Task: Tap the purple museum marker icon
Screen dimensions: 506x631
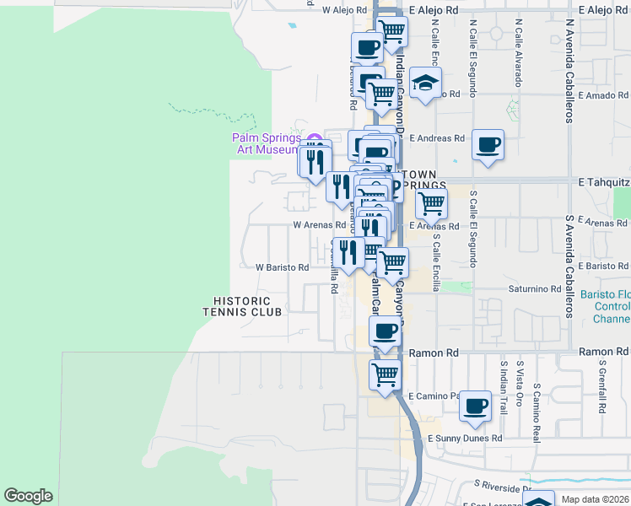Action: point(315,138)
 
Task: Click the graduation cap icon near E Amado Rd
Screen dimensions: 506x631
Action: point(426,83)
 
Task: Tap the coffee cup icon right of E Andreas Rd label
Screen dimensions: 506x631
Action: point(488,144)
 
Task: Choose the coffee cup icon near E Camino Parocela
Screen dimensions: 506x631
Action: point(475,406)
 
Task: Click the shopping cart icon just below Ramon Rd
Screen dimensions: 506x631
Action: point(386,374)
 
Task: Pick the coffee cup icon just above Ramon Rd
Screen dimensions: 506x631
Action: point(386,331)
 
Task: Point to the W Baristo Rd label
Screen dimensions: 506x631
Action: point(283,267)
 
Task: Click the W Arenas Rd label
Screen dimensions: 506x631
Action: point(319,225)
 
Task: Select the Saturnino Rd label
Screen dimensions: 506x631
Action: point(535,288)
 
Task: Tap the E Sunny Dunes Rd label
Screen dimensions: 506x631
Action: point(465,439)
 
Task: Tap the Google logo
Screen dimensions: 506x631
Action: point(28,496)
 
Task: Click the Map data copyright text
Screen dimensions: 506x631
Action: point(595,500)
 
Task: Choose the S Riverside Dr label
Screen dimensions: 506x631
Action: point(501,486)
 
